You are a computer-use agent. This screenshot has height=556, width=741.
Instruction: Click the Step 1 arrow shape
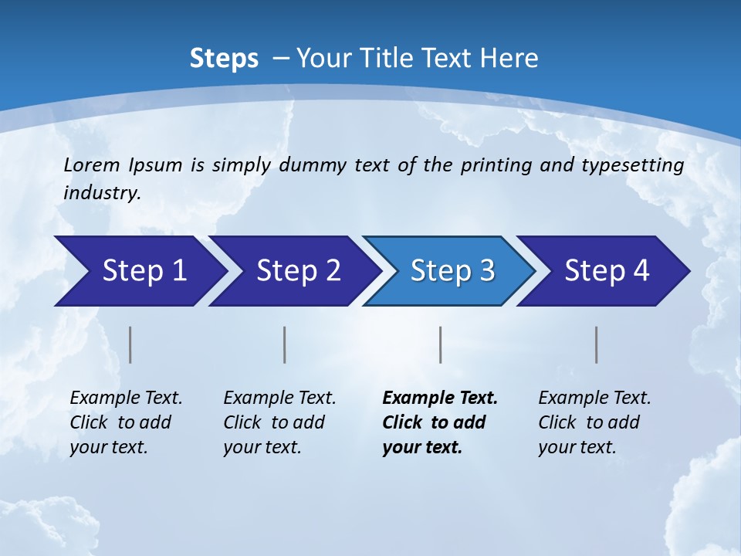139,271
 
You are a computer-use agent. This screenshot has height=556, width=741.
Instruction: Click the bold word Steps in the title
224,59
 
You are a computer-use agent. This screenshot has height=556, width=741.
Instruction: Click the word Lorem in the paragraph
92,165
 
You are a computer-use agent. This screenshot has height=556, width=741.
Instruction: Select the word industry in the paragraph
102,193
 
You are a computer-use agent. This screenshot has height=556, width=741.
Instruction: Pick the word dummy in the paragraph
314,165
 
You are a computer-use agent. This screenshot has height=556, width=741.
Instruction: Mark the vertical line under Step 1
130,344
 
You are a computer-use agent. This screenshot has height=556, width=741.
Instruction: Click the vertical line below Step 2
285,344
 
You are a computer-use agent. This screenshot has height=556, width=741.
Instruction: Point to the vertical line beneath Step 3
440,344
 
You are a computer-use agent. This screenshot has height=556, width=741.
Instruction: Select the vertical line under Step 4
596,344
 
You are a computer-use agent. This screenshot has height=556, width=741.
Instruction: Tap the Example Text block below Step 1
126,422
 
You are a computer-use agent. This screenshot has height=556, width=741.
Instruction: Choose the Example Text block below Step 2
279,422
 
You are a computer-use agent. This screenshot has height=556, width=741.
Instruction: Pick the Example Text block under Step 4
594,422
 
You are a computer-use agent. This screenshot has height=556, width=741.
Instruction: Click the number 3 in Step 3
486,271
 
